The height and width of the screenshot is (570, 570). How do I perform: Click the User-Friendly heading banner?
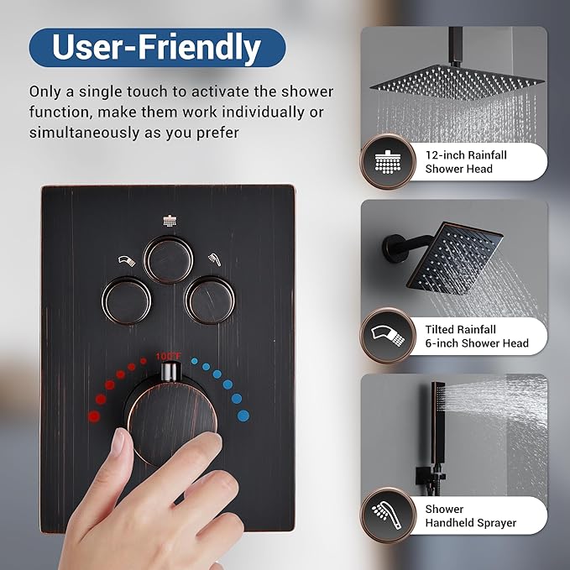(157, 48)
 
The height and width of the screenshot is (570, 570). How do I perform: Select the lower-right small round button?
(210, 300)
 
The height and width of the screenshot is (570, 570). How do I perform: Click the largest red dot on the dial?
(94, 415)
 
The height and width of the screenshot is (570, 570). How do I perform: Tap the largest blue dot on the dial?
(242, 415)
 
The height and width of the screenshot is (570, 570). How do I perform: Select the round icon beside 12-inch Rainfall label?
(387, 162)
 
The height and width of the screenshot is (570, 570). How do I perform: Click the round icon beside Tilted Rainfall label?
(387, 336)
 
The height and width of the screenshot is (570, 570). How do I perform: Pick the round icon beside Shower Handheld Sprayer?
(387, 515)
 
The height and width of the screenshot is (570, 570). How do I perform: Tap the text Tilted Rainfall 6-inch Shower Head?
(476, 336)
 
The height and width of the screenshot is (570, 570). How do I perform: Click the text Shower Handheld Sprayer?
(470, 515)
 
